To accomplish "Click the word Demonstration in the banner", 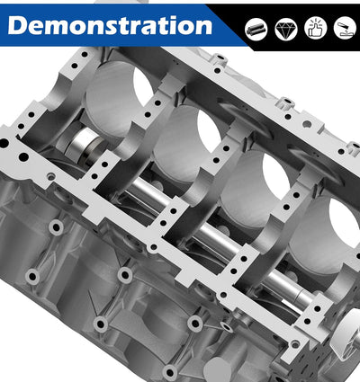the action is (x=110, y=25).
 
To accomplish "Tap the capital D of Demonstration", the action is (x=18, y=25).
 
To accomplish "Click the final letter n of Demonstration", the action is (x=204, y=28).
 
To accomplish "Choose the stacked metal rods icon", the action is (x=256, y=29).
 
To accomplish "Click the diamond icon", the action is (x=286, y=29).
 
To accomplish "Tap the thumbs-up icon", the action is (x=315, y=29).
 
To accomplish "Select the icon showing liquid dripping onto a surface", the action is (x=345, y=29).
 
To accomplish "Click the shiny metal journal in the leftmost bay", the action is (x=85, y=147).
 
